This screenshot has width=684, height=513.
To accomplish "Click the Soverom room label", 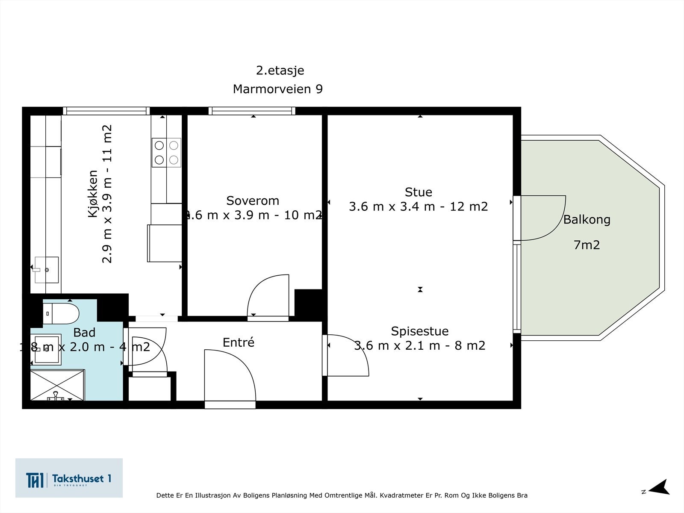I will [x=252, y=200].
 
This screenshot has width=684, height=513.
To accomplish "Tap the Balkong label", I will [x=587, y=220].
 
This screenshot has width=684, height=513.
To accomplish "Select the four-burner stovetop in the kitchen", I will [x=166, y=153].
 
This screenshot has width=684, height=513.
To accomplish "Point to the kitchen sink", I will [x=47, y=270].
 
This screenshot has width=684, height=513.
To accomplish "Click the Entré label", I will [x=238, y=342].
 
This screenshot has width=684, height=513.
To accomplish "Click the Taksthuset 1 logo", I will [x=69, y=478].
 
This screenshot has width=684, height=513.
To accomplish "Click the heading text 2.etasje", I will [x=280, y=70].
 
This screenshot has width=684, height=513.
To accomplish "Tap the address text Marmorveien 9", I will [x=277, y=89].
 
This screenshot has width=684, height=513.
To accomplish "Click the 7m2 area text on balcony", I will [x=587, y=245].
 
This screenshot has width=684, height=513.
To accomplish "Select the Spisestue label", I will [x=419, y=331].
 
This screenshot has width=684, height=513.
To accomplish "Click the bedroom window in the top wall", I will [x=252, y=111].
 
